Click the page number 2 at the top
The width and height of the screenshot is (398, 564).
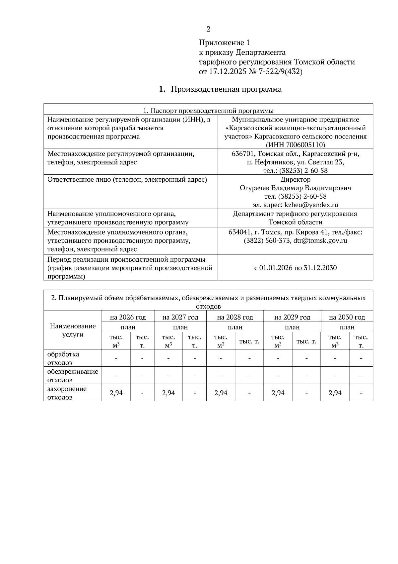(x=208, y=29)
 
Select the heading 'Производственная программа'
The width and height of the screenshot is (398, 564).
(x=226, y=89)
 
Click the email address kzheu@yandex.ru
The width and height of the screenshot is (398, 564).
(x=311, y=205)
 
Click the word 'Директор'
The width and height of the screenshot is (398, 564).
(x=296, y=179)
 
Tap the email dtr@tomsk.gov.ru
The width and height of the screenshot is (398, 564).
(x=320, y=240)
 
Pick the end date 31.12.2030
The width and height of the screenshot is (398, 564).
(x=320, y=268)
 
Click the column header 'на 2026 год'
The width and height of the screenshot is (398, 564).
(x=128, y=317)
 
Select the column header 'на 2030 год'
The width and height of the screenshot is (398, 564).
(x=347, y=317)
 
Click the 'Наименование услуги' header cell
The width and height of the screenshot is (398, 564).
(x=73, y=330)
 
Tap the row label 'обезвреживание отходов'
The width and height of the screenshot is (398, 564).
(x=73, y=375)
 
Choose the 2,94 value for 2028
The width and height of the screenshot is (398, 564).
(x=221, y=393)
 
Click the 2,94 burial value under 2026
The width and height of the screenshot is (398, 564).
(x=116, y=393)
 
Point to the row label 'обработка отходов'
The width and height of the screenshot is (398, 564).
(x=63, y=358)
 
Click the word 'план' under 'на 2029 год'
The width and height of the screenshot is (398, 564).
(x=292, y=327)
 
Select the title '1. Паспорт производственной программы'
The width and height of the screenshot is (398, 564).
(x=208, y=110)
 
